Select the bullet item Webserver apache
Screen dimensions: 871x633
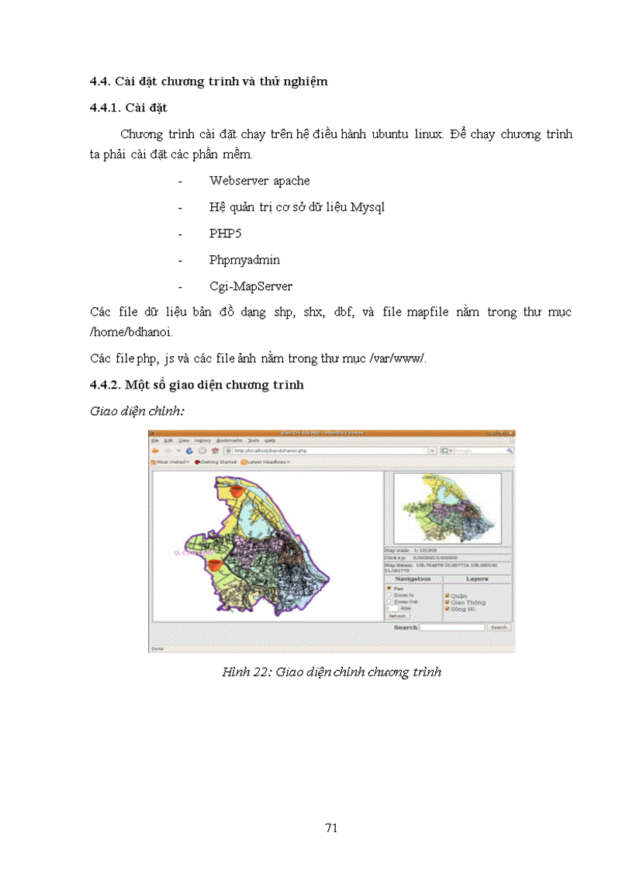click(259, 181)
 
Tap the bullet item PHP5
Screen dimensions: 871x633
click(225, 233)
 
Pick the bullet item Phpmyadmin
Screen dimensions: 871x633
click(244, 260)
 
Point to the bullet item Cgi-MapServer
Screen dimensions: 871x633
click(251, 286)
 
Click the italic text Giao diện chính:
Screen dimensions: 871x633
click(137, 411)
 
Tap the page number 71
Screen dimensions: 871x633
click(331, 828)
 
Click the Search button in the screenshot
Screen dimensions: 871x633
click(499, 627)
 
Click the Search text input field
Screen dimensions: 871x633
click(453, 627)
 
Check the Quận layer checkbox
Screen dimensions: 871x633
click(447, 596)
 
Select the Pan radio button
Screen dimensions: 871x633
click(389, 589)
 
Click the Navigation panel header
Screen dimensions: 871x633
click(413, 579)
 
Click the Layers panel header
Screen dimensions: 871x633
click(476, 579)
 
